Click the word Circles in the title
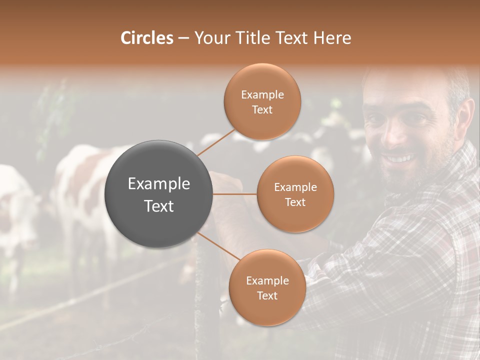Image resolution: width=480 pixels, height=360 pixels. coord(146,38)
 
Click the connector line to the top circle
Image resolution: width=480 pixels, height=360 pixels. coord(216,142)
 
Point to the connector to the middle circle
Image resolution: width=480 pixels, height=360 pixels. coord(234,193)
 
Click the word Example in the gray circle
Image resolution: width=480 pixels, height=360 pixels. coord(158,184)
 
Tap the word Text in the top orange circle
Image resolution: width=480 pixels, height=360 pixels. coord(262,110)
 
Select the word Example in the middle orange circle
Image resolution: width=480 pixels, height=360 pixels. coord(295,187)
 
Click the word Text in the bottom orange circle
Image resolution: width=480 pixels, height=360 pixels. coord(267,295)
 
